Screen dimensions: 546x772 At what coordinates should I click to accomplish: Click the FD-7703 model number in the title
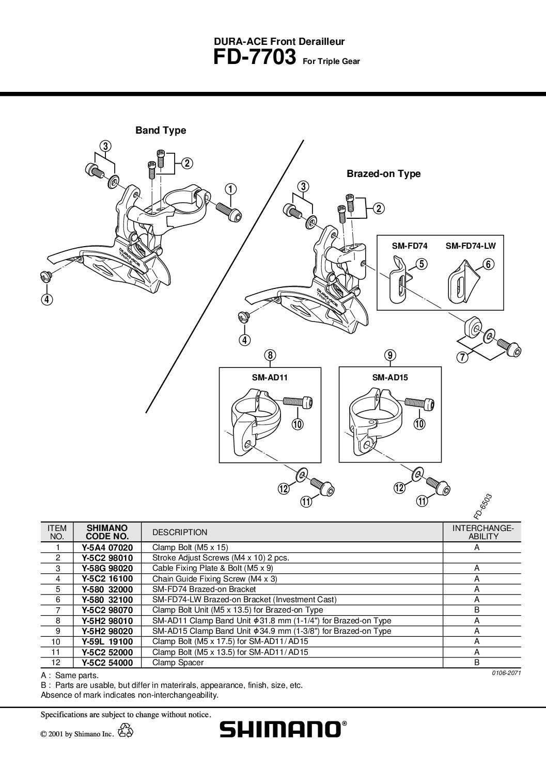coord(255,57)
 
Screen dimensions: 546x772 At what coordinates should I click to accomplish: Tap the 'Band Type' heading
coord(161,130)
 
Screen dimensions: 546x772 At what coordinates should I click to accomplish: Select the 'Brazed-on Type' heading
coord(384,173)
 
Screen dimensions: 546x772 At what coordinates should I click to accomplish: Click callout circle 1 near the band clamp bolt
coord(231,189)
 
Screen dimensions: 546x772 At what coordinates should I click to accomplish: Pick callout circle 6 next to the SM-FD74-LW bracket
coord(488,264)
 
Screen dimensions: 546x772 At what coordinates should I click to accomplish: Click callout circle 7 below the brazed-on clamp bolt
coord(462,357)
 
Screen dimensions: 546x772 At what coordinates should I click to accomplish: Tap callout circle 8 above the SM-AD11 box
coord(270,355)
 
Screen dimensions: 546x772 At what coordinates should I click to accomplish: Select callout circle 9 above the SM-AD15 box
coord(390,355)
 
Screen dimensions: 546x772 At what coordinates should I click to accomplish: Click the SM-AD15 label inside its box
coord(390,377)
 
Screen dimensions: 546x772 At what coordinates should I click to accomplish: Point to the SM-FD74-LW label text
coord(471,246)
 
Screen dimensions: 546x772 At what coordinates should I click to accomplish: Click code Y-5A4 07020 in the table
coord(107,548)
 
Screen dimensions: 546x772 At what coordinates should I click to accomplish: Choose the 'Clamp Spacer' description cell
coord(178,663)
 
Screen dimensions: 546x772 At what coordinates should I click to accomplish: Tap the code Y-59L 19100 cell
coord(107,641)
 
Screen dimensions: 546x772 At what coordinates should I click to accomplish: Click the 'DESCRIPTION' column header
coord(180,532)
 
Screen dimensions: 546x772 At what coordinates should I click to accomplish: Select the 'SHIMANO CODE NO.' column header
coord(107,532)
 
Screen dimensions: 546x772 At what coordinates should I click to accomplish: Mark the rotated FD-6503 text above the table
coord(482,506)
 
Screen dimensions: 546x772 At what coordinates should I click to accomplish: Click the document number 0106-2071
coord(506,673)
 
